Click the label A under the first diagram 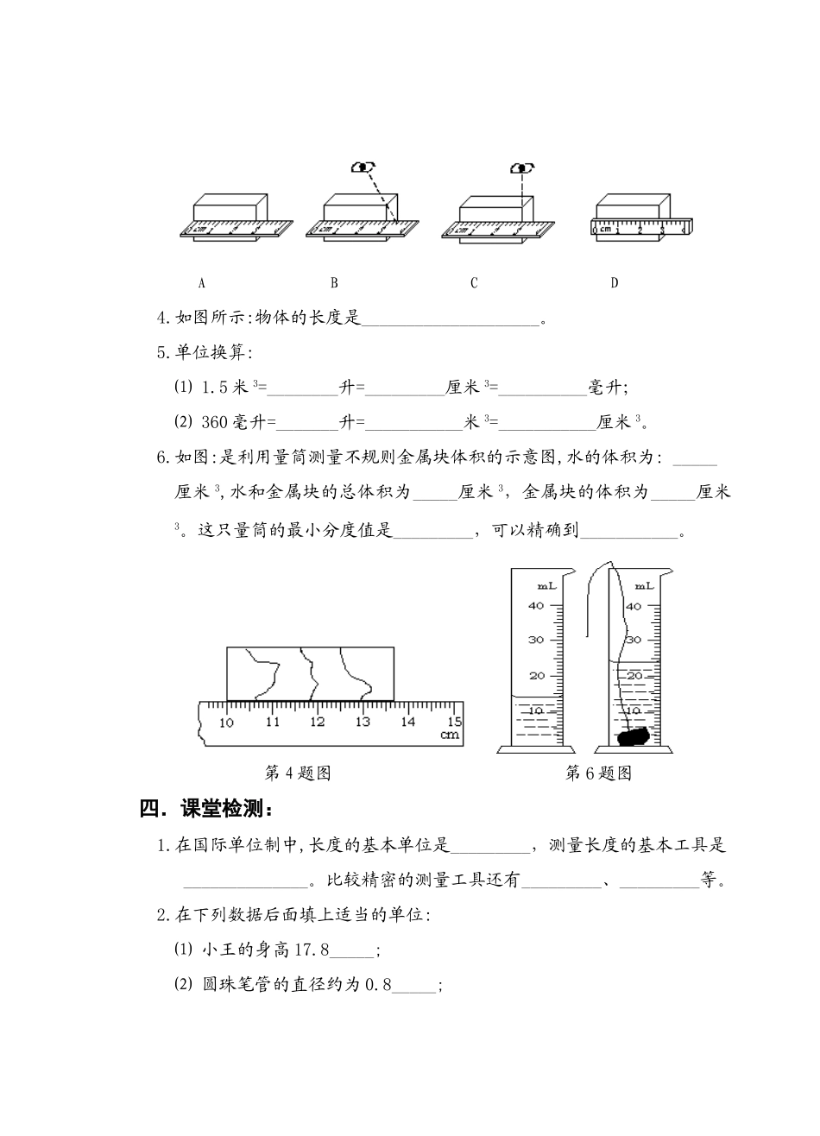[202, 283]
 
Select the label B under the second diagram [334, 283]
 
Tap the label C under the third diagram [474, 283]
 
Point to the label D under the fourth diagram [615, 283]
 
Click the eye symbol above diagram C [520, 167]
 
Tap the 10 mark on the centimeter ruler [227, 722]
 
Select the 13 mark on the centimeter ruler [363, 722]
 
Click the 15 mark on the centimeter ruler [454, 722]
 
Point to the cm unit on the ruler [449, 735]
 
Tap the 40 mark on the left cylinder [536, 605]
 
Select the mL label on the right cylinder [644, 585]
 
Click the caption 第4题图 [297, 773]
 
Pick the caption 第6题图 [598, 773]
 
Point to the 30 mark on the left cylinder [536, 640]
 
